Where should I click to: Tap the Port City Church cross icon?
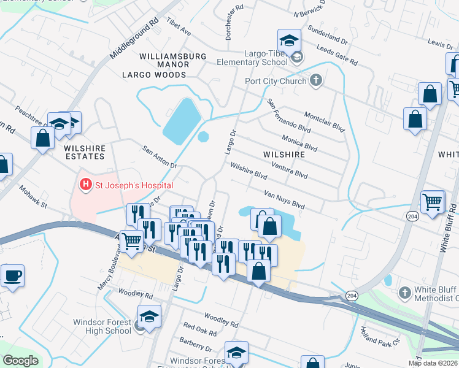coord(315,80)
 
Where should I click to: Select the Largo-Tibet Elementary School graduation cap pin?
coord(289,41)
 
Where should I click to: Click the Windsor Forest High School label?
coord(102,326)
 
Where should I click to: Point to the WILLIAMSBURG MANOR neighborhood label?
coord(172,59)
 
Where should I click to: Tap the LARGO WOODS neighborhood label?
coord(154,75)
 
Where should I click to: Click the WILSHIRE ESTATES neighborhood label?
coord(83,153)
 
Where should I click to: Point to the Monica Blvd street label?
coord(299,144)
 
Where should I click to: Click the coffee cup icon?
coord(13,277)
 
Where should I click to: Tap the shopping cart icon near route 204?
coord(433,202)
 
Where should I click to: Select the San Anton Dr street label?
coord(160,157)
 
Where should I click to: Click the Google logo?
coord(20,361)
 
